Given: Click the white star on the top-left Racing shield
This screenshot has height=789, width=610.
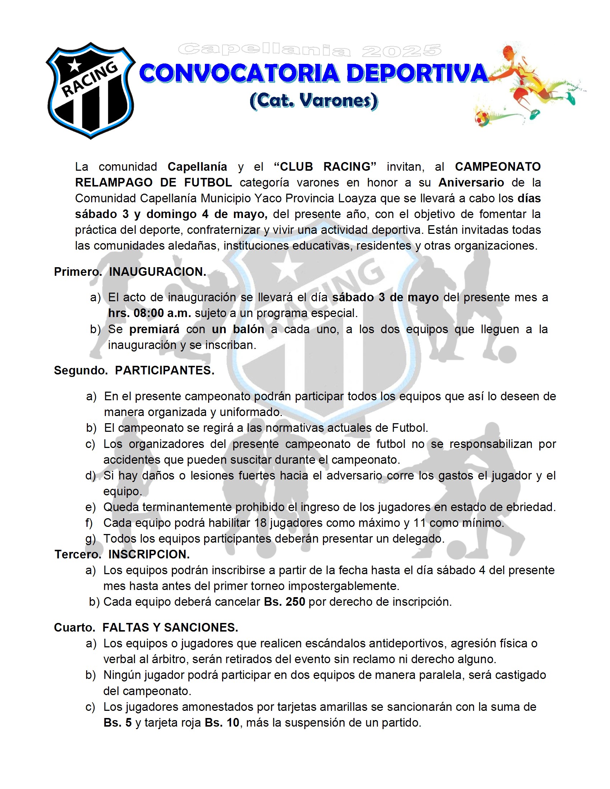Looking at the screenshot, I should [x=75, y=65].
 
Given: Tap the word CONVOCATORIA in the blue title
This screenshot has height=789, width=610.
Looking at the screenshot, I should [x=239, y=73].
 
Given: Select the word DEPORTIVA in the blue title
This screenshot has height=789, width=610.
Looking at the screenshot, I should [x=417, y=73].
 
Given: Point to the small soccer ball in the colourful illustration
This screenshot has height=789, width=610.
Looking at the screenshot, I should [x=482, y=118].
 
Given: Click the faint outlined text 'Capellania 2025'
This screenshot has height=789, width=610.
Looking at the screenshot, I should [x=309, y=51].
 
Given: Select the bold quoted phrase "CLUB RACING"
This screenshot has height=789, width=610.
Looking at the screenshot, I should [x=325, y=166].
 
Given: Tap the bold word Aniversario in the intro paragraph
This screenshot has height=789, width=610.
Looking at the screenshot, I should [x=471, y=183].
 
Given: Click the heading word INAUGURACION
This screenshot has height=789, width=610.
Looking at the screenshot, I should [x=158, y=272].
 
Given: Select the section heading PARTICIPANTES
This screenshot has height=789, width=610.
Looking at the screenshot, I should [x=164, y=370].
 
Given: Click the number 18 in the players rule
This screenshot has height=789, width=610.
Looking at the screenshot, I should [x=260, y=523].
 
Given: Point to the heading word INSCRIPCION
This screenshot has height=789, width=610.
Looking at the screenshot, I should [x=149, y=554].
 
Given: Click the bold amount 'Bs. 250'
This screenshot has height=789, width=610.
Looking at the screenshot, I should [x=285, y=601].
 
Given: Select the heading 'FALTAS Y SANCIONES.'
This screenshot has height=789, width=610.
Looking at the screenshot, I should [x=170, y=628].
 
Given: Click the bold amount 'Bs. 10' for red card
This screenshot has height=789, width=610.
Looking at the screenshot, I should [x=222, y=722].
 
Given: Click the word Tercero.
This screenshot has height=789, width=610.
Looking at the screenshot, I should [x=78, y=554].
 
